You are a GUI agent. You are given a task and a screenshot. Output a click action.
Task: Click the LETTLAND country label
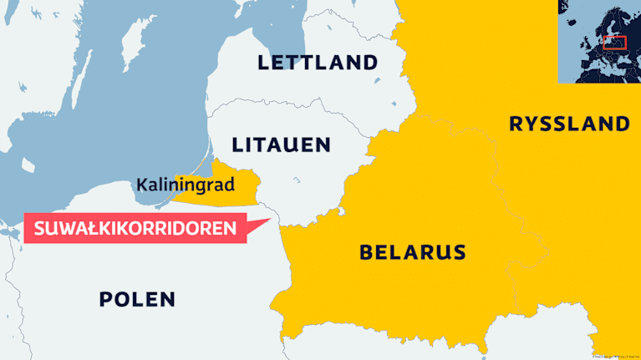(x=318, y=62)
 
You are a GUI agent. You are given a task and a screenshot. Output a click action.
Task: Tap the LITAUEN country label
(x=282, y=145)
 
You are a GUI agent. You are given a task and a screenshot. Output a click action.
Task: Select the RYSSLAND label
(x=569, y=124)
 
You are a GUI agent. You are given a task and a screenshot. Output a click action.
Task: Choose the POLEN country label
(x=137, y=299)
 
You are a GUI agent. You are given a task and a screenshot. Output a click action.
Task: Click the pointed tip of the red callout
(x=273, y=221)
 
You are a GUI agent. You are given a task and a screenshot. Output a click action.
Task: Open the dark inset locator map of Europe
(x=599, y=42)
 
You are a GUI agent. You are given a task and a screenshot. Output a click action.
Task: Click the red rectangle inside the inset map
(x=614, y=43)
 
